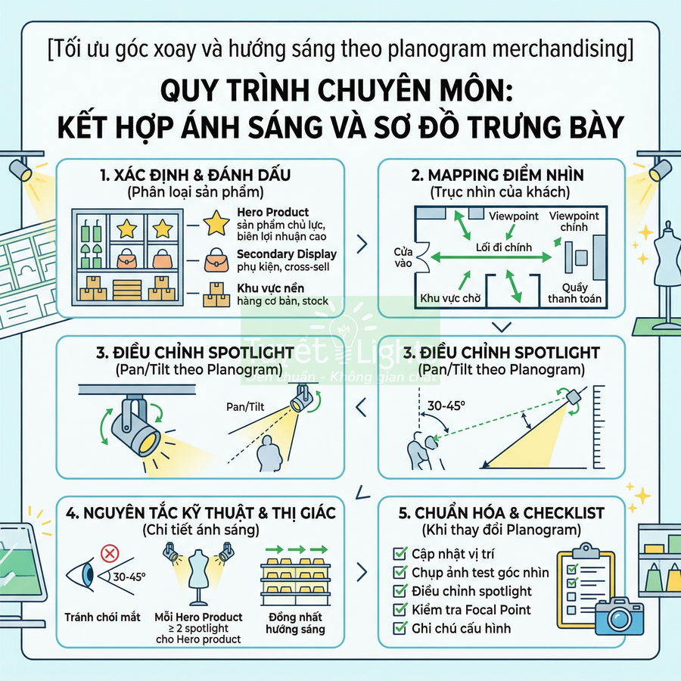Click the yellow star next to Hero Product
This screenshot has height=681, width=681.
218,222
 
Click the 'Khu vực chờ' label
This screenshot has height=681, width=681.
451,298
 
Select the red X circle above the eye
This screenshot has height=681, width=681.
109,554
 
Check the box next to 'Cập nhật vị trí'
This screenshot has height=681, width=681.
400,554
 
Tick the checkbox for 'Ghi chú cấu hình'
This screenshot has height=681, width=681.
400,628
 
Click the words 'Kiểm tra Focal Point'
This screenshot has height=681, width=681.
471,610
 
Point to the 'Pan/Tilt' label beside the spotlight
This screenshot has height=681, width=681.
244,407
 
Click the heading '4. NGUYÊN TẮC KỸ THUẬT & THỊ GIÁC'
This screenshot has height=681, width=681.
201,512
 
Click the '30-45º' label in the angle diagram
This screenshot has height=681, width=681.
446,406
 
